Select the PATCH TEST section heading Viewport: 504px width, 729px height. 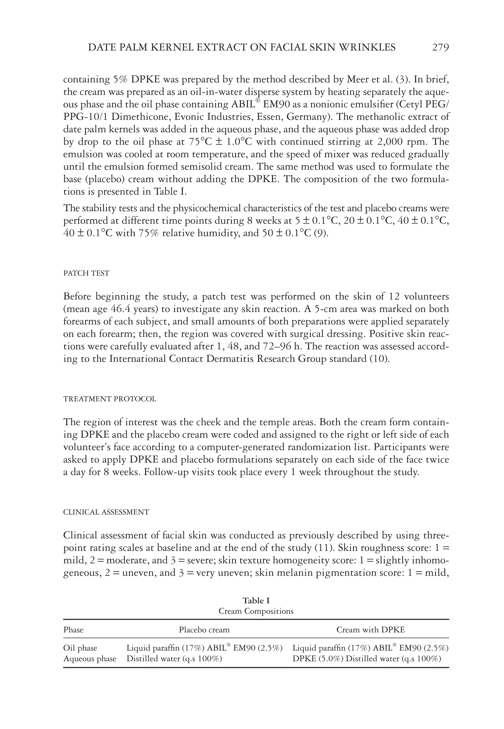click(x=86, y=273)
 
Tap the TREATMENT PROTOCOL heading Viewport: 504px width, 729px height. click(x=110, y=399)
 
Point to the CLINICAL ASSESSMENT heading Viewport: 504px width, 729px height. click(x=106, y=512)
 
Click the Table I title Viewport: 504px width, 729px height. click(x=256, y=601)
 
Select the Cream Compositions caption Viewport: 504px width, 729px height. click(x=256, y=611)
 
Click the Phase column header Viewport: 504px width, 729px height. click(x=73, y=630)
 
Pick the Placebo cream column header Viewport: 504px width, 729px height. click(x=204, y=630)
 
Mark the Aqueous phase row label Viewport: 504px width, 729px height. click(x=90, y=659)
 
